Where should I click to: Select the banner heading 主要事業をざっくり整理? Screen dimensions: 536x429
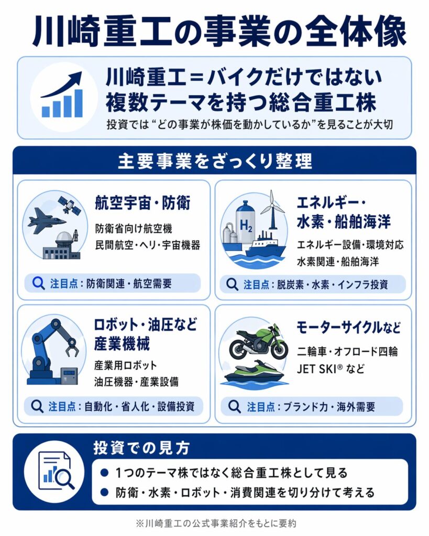coord(214,161)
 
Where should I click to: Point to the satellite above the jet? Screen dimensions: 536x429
coord(70,206)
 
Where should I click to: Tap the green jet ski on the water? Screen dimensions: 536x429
coord(256,373)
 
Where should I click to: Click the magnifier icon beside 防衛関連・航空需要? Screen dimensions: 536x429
coord(38,283)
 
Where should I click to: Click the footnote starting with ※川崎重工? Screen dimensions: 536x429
coord(214,522)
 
